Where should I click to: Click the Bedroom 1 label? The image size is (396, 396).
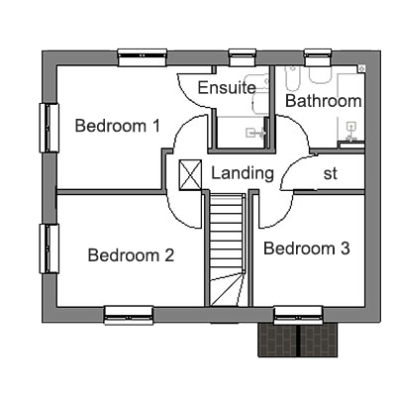pos(118,126)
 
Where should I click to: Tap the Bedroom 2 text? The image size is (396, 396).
pos(131,255)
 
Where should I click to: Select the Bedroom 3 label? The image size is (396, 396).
pos(307,248)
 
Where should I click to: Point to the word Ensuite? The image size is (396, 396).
pos(227,87)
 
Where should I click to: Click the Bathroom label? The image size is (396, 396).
pos(324,101)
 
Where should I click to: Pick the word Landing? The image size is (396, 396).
pos(243,173)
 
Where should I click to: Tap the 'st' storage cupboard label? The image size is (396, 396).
pos(331,173)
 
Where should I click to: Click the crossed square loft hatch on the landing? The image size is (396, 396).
pos(190,175)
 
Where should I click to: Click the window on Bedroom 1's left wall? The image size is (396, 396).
pos(49,128)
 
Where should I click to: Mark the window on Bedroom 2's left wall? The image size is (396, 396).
pos(49,248)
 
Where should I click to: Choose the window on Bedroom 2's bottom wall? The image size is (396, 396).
pos(129,316)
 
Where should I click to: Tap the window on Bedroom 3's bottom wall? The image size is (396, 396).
pos(298,316)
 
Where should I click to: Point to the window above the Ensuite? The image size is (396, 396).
pos(243,57)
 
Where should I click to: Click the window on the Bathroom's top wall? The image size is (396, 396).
pos(318,57)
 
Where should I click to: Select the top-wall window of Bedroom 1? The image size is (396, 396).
pos(143,57)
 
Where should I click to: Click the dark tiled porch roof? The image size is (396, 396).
pos(298,340)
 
